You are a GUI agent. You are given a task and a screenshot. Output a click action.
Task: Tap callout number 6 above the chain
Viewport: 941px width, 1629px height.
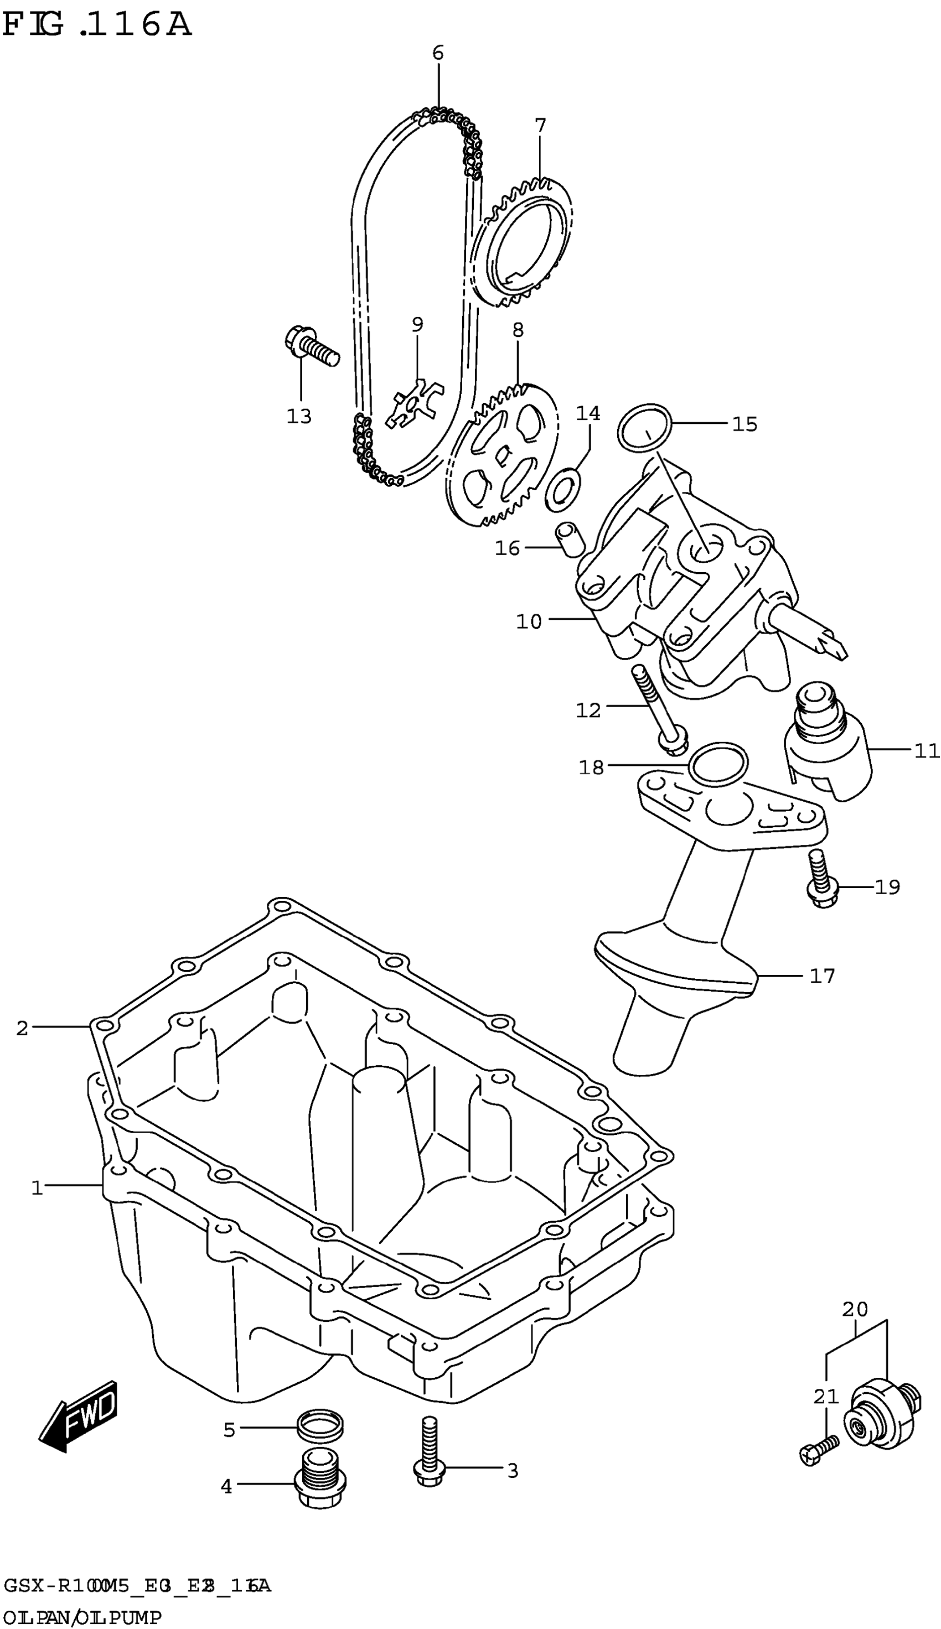pyautogui.click(x=438, y=53)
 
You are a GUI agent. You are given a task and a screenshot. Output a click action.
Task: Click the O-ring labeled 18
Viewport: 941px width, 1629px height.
pyautogui.click(x=718, y=764)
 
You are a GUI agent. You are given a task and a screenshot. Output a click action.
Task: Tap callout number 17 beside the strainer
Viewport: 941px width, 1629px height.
pyautogui.click(x=822, y=976)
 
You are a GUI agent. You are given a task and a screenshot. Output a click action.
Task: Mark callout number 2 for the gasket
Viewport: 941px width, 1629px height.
pyautogui.click(x=23, y=1028)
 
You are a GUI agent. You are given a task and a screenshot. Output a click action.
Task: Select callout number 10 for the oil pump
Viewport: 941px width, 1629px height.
pyautogui.click(x=529, y=621)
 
